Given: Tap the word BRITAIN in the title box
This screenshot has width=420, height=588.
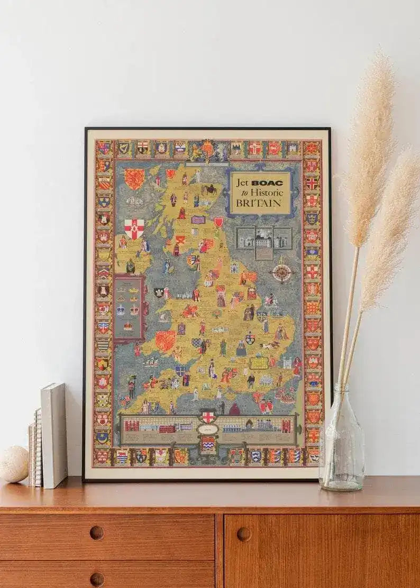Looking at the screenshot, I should (x=259, y=204).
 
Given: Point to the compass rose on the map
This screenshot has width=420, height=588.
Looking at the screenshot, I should (x=282, y=273).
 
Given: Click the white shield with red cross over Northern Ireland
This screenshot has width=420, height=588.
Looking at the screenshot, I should (x=134, y=228).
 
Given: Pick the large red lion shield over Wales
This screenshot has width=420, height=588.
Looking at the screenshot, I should (x=165, y=340).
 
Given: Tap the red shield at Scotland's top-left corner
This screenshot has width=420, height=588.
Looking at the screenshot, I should (x=134, y=179).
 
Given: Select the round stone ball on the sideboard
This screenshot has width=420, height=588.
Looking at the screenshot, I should (x=14, y=464).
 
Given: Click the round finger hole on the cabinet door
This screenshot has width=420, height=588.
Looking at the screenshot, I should (x=243, y=534).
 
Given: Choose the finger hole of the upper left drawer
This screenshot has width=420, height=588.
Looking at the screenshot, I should (x=97, y=532).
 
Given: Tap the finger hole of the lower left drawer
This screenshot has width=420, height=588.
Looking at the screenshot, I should (x=97, y=578).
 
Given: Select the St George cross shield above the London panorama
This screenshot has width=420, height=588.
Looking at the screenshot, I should (x=208, y=417).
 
